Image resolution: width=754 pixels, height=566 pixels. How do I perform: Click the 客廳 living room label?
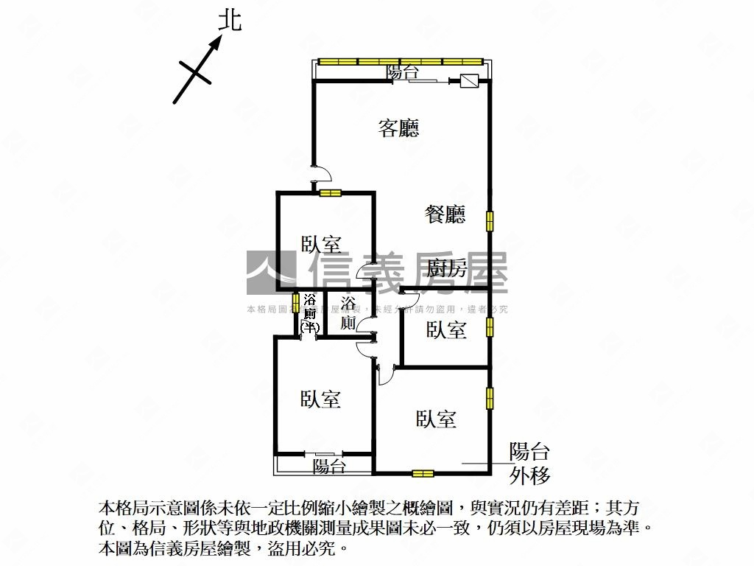click(398, 128)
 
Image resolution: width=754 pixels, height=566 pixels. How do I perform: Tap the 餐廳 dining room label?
click(445, 214)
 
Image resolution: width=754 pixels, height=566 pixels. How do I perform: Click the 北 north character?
click(230, 21)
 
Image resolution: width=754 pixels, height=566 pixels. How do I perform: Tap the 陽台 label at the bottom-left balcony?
click(328, 466)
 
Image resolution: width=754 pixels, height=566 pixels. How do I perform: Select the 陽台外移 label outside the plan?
click(529, 464)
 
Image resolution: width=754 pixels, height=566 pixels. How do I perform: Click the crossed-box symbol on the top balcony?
click(469, 81)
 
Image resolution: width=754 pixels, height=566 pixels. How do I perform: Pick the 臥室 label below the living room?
click(321, 244)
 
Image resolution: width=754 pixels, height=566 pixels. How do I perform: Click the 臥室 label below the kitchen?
click(446, 329)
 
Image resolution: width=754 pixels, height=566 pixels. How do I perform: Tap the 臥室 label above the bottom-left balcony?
click(320, 399)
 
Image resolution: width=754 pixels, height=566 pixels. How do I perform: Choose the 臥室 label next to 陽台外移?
click(436, 419)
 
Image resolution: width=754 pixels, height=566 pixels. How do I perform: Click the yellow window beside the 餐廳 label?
click(489, 220)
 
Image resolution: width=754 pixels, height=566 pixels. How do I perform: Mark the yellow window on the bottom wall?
click(423, 473)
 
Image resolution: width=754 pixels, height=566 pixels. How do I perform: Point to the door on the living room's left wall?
click(321, 174)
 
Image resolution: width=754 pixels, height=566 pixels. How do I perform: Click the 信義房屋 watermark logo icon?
click(270, 271)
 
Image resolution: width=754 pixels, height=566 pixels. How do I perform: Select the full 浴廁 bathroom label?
click(349, 313)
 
